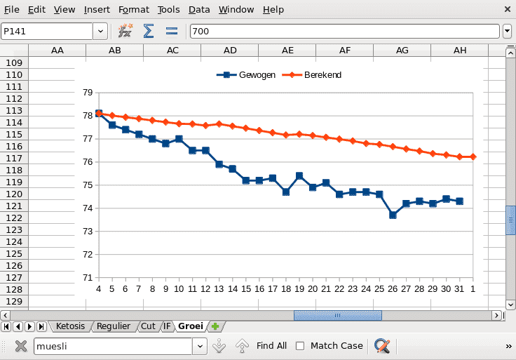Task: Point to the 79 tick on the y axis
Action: click(x=87, y=93)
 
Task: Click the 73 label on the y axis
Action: click(x=87, y=231)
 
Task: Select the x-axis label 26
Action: click(x=393, y=288)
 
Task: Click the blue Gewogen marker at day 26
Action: click(x=393, y=215)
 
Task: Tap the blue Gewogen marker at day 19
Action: click(x=299, y=175)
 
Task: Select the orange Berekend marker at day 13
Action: click(x=219, y=124)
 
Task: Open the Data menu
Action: click(x=199, y=10)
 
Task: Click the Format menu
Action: click(x=133, y=10)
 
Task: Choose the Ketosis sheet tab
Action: click(x=70, y=326)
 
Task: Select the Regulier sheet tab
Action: click(x=113, y=326)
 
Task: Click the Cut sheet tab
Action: click(x=148, y=326)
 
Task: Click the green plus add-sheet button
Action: click(x=215, y=326)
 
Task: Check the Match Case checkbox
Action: click(x=300, y=345)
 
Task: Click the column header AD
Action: click(x=230, y=51)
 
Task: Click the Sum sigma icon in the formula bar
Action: click(x=149, y=31)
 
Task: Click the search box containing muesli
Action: click(x=112, y=345)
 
